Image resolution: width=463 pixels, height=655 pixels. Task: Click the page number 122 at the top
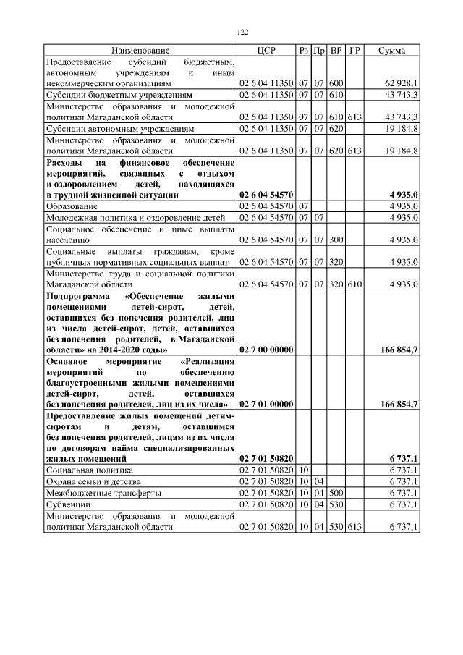click(x=243, y=32)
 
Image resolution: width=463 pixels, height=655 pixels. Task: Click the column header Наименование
click(x=140, y=51)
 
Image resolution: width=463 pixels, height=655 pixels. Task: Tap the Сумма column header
click(x=391, y=51)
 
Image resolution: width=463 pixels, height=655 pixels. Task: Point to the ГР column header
click(x=354, y=51)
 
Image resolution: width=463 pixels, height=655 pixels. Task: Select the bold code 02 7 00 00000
click(x=266, y=350)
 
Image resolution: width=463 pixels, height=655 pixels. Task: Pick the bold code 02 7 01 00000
click(x=266, y=403)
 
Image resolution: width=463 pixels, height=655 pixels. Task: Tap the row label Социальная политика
click(x=89, y=470)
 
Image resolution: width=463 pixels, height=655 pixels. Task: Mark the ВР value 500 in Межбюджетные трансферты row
click(x=336, y=493)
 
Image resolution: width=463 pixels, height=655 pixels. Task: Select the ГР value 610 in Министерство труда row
click(x=354, y=284)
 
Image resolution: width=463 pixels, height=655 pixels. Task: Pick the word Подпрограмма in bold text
click(x=77, y=296)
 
